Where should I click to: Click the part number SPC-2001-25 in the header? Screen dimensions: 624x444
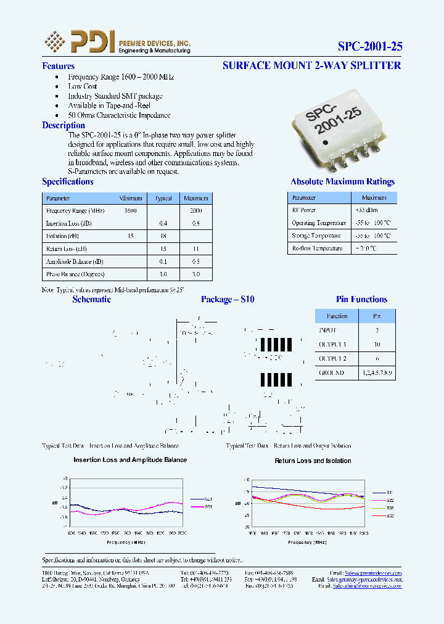point(370,46)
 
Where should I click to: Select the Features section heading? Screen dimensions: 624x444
point(58,66)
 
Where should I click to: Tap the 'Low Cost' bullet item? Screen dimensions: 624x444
point(83,86)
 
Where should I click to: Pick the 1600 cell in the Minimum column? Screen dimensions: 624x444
point(130,210)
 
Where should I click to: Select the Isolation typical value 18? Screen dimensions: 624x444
point(163,236)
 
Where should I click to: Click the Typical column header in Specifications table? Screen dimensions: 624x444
point(163,198)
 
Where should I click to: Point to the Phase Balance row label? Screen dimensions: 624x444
point(75,274)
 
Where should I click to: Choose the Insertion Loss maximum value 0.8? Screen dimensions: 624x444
point(195,223)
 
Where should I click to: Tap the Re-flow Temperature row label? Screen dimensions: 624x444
point(317,248)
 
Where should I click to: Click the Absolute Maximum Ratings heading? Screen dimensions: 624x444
point(342,181)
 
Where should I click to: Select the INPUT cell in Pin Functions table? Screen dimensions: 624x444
point(328,330)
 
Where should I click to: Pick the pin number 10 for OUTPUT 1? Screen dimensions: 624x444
point(377,344)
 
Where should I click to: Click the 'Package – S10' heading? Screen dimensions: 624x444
point(227,299)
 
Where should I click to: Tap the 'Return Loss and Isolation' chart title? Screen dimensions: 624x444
point(313,461)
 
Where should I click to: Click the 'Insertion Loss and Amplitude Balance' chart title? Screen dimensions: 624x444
point(130,459)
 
